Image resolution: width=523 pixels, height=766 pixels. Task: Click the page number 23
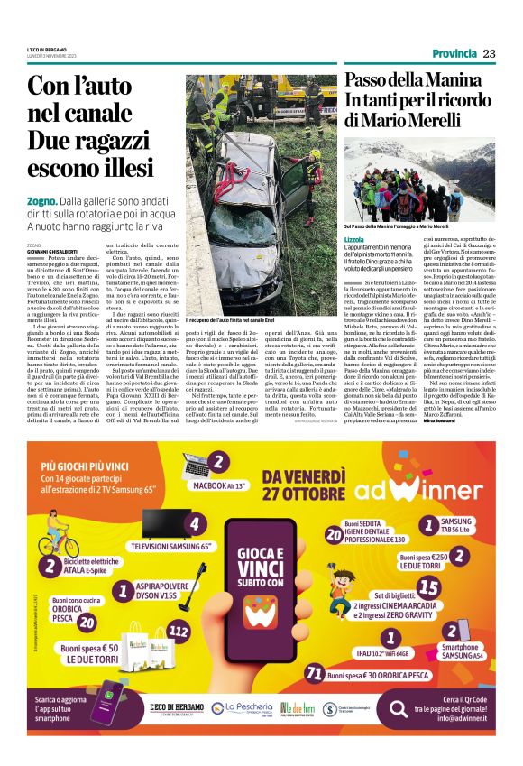pyautogui.click(x=489, y=53)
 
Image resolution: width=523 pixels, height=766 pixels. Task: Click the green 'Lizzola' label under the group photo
pyautogui.click(x=354, y=239)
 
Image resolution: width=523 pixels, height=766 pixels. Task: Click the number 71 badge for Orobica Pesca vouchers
pyautogui.click(x=314, y=673)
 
